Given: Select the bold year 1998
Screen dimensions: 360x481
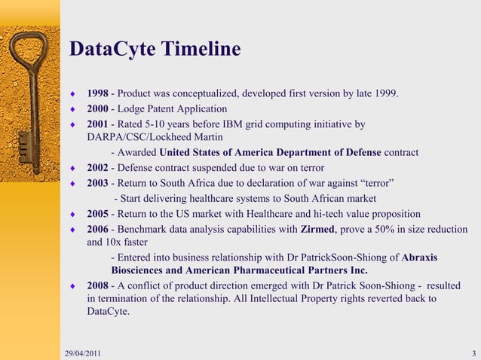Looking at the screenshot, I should pyautogui.click(x=97, y=93).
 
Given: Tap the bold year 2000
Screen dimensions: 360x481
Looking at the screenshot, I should pyautogui.click(x=97, y=108).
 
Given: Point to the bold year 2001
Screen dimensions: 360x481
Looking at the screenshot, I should pyautogui.click(x=97, y=124).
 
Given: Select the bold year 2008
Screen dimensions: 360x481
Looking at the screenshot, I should pyautogui.click(x=97, y=286).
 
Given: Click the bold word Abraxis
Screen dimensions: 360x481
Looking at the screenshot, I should pyautogui.click(x=420, y=258).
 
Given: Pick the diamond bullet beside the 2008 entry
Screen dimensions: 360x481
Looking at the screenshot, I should pyautogui.click(x=72, y=287).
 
